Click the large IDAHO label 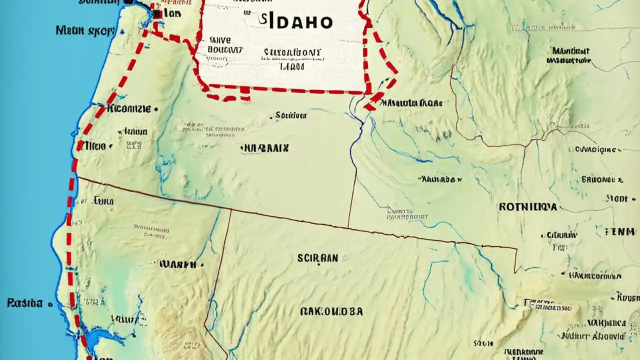pos(297,22)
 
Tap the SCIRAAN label pos(317,258)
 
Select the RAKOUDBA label pos(331,311)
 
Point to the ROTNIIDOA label pos(527,206)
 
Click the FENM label pos(620,231)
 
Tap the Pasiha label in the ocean pos(24,302)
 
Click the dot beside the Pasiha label pos(49,303)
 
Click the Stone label pos(616,198)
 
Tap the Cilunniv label pos(561,234)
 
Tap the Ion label pos(172,14)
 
